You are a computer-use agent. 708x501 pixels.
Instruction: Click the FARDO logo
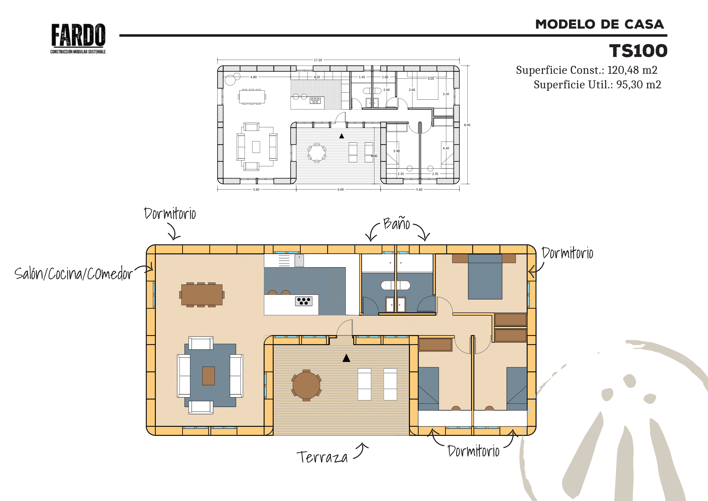78,38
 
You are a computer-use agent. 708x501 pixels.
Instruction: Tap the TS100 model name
638,51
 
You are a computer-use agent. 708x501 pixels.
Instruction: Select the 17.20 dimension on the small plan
318,60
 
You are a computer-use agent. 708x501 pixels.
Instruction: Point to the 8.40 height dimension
467,125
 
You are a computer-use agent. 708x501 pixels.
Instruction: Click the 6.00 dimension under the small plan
341,189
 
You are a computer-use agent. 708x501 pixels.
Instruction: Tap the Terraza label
322,457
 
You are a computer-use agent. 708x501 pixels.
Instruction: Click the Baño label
397,223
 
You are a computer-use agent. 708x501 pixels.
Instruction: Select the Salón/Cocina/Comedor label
73,273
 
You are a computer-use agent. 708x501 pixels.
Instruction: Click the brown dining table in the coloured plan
202,295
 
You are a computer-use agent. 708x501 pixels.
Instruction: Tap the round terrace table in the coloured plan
306,385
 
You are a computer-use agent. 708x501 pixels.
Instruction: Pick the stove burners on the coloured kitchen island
304,301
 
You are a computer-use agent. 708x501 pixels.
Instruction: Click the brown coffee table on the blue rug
209,376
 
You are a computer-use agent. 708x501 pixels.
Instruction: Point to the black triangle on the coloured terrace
346,358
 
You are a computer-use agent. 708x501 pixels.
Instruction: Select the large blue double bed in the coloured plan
485,277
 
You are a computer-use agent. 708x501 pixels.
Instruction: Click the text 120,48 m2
632,70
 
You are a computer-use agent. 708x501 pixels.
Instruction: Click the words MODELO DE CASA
599,24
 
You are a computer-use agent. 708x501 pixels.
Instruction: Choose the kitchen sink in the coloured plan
299,261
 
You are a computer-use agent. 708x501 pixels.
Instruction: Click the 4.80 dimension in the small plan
253,77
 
